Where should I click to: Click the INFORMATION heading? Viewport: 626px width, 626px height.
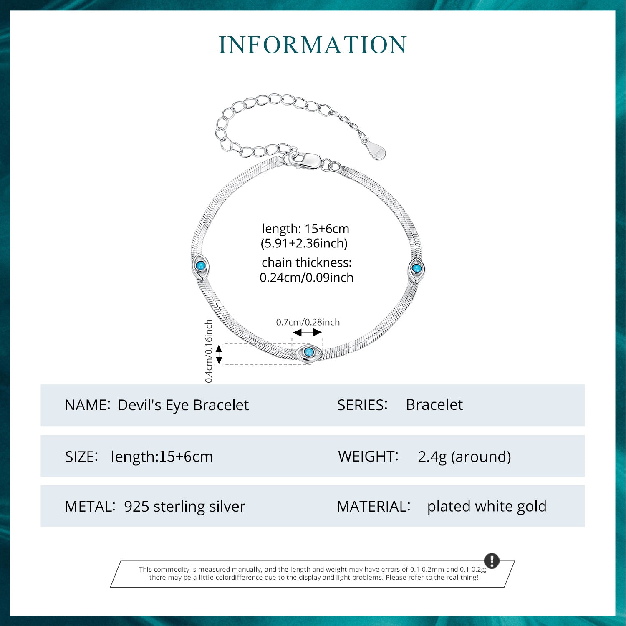pos(313,45)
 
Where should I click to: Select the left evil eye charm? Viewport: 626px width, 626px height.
pos(200,266)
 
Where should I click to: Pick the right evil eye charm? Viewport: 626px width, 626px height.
pos(416,269)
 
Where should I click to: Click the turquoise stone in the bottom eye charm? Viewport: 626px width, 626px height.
pos(308,352)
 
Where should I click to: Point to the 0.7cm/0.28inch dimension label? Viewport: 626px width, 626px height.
pos(308,322)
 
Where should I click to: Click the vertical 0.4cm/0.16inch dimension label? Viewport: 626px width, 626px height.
pos(209,351)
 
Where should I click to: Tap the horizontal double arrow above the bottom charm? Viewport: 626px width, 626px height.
pos(307,333)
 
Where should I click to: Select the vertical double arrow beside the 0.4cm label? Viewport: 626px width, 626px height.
pos(219,354)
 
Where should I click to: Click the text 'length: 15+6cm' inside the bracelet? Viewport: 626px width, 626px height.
pos(305,229)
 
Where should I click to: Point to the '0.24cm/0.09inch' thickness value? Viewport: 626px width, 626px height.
pos(306,278)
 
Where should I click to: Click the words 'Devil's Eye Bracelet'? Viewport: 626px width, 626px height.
pos(183,405)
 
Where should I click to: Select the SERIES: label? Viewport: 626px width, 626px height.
pos(362,405)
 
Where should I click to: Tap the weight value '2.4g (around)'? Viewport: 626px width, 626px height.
pos(464,457)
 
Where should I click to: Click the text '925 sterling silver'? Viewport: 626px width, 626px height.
pos(184,507)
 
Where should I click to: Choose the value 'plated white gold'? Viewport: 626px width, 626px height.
pos(487,507)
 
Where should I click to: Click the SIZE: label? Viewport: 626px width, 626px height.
pos(81,457)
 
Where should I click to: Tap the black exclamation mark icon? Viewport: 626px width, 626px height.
pos(492,560)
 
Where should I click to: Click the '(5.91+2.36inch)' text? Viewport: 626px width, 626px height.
pos(304,243)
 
